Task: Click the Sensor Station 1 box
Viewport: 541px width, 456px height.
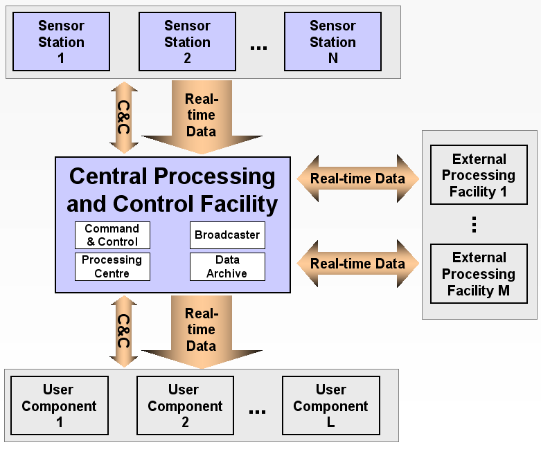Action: (x=61, y=42)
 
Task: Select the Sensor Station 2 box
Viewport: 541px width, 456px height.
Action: (x=187, y=42)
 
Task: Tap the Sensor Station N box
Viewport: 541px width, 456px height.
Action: (x=332, y=42)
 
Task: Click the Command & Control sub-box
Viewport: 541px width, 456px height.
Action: (x=112, y=235)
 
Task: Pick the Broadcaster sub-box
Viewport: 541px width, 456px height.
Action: (x=227, y=235)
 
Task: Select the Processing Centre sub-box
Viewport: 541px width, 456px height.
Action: (x=112, y=266)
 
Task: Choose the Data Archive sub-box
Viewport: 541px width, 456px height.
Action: (x=227, y=266)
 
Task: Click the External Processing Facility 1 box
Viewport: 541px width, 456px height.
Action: (x=478, y=175)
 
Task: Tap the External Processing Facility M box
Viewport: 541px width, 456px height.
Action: (x=478, y=273)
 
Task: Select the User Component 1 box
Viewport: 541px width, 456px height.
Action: (x=60, y=405)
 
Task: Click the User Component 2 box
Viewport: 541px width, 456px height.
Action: (x=185, y=405)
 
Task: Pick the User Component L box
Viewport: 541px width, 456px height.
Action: (x=330, y=405)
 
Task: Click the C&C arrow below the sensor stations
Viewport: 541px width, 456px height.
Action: (x=124, y=117)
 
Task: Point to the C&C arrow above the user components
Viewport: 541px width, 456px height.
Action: (x=124, y=331)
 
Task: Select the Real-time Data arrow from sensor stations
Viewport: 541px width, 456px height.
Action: (x=201, y=114)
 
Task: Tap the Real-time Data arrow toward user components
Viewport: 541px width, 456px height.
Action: (x=201, y=329)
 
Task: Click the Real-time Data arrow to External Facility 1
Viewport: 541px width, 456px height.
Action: (x=357, y=179)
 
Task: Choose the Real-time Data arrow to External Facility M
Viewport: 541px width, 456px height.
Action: (x=357, y=264)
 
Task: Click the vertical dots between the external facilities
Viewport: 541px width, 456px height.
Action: (x=475, y=224)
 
